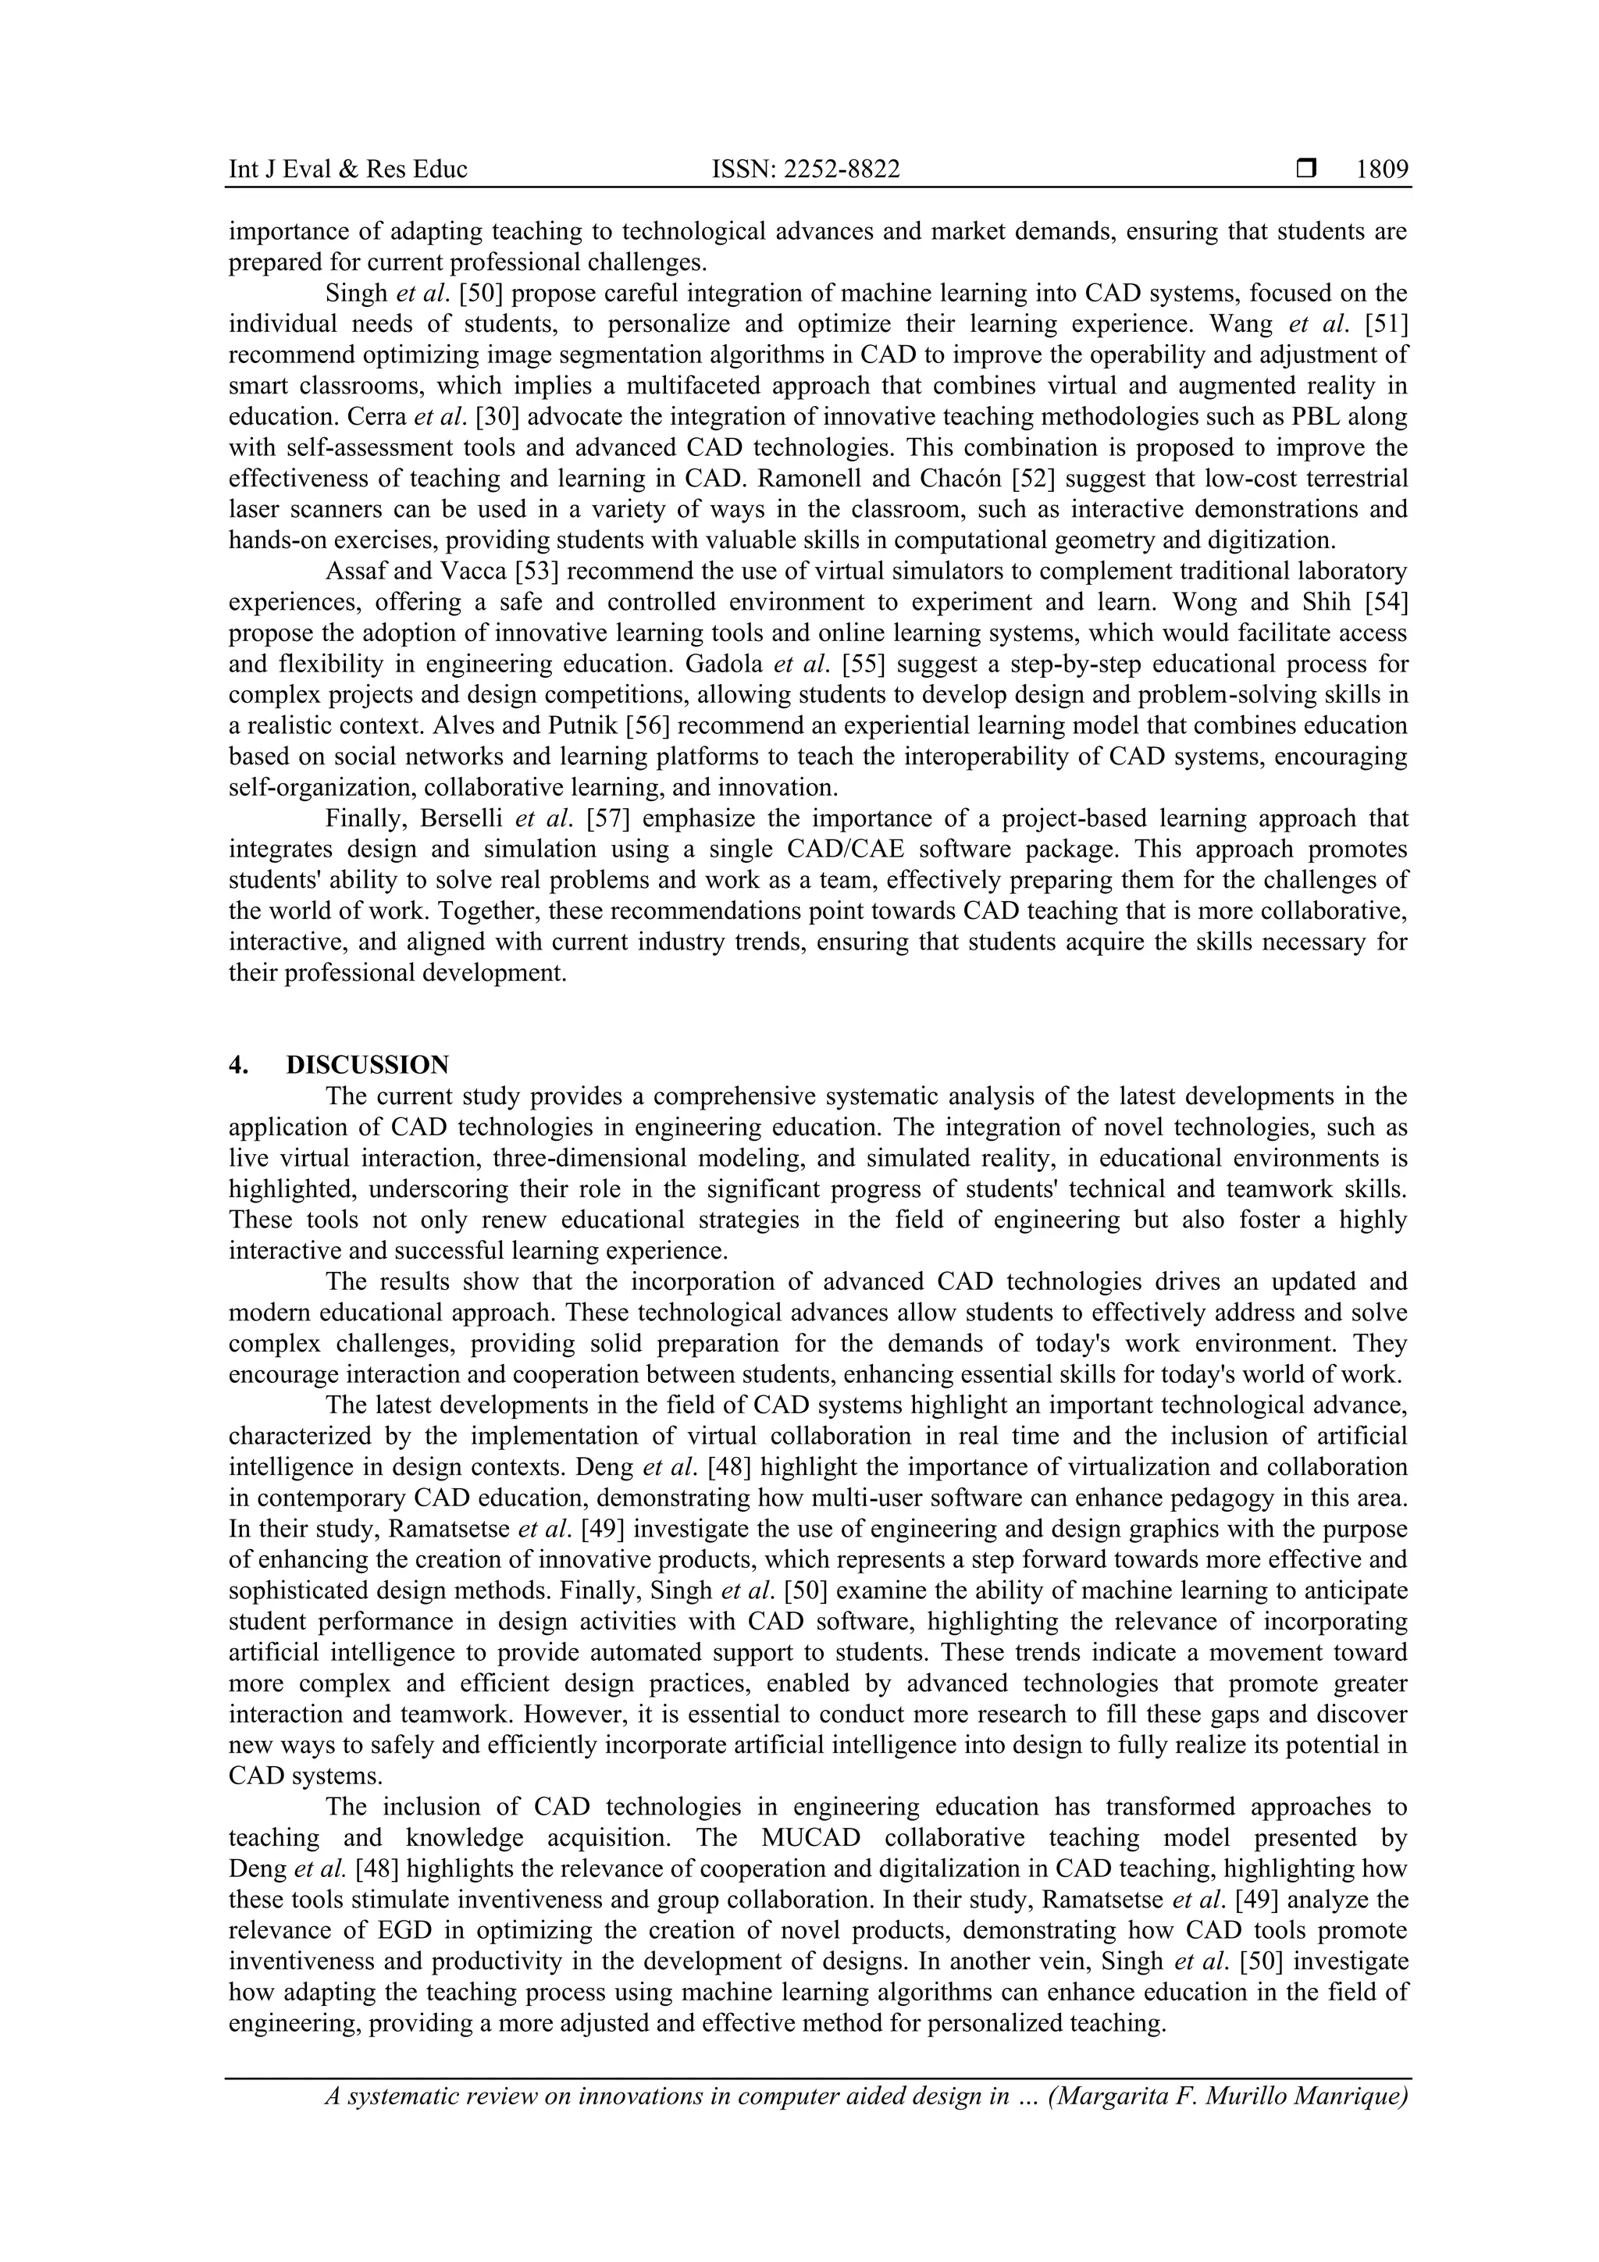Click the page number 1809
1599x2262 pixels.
point(1381,169)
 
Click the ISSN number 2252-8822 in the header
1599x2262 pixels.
point(805,169)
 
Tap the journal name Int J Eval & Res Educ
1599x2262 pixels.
point(347,169)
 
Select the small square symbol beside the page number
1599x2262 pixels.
point(1306,169)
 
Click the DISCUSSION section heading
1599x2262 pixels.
point(368,1065)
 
